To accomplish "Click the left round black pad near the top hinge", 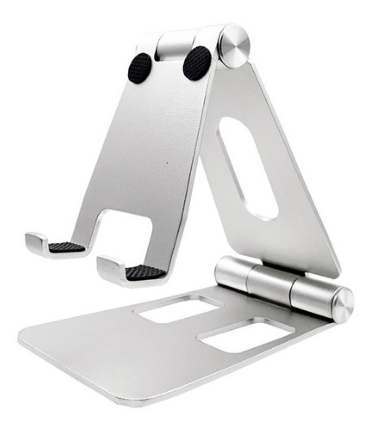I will [x=140, y=68].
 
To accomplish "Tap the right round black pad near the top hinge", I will [x=197, y=63].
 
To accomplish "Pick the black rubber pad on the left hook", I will [x=67, y=247].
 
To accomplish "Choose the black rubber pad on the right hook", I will [x=145, y=272].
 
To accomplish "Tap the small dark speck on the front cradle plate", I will [x=167, y=163].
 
